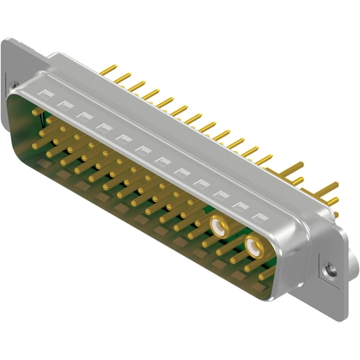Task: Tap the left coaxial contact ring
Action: click(221, 228)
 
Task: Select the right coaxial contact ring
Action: click(254, 249)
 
